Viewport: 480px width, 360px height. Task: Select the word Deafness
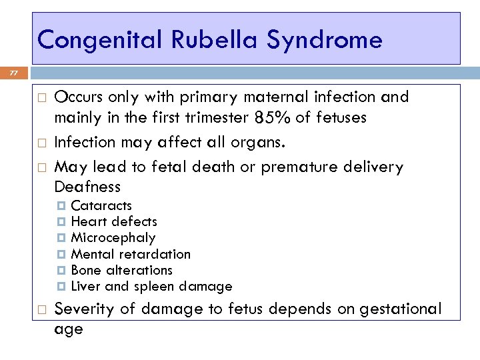coord(87,186)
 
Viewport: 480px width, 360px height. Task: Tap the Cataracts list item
coord(101,205)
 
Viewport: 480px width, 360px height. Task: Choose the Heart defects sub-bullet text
coord(114,221)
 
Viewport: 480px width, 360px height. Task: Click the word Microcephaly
coord(113,238)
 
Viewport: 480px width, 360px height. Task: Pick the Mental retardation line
coord(131,254)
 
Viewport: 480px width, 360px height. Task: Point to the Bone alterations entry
coord(121,270)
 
